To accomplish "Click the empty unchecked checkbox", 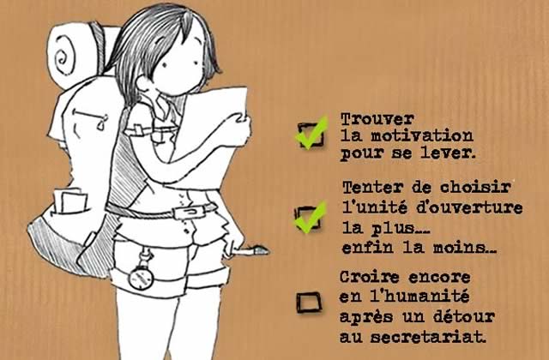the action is [309, 303].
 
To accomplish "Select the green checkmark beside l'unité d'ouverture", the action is [311, 218].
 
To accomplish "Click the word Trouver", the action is [377, 119].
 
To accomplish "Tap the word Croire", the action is [370, 277].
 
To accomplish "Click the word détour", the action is [464, 317].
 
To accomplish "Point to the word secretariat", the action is [428, 337].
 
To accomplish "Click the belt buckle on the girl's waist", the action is [190, 212].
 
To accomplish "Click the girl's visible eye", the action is [166, 65].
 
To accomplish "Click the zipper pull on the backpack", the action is [101, 123].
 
